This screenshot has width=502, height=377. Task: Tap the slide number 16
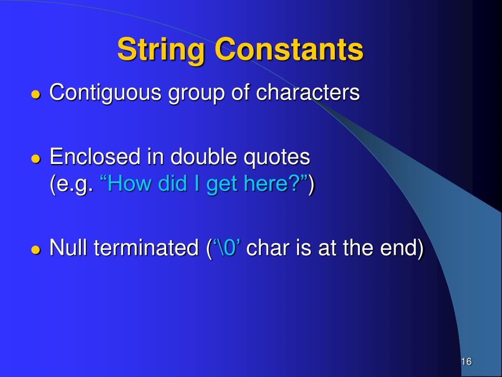(x=466, y=362)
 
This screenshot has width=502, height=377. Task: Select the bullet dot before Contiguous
(x=35, y=95)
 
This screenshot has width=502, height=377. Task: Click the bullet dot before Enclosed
(x=35, y=159)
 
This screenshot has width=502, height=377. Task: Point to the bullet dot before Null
(x=35, y=250)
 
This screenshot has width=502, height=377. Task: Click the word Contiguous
(x=105, y=93)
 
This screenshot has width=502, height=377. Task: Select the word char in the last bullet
(x=268, y=248)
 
